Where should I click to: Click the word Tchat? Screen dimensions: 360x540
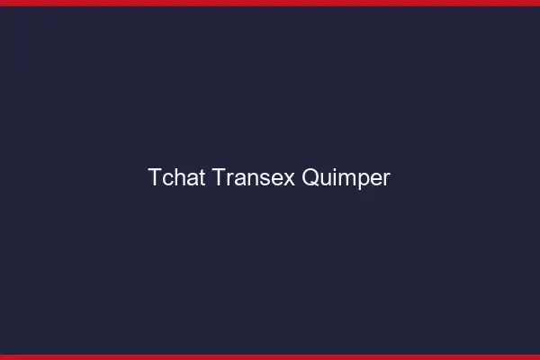(x=177, y=178)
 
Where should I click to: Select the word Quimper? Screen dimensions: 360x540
(x=346, y=178)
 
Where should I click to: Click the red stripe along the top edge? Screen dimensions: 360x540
(x=270, y=3)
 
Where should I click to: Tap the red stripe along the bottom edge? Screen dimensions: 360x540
(x=270, y=356)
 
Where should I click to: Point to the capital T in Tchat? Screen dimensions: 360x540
(x=155, y=178)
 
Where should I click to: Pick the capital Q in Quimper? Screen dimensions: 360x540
(x=310, y=178)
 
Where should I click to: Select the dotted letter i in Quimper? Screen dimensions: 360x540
(x=333, y=178)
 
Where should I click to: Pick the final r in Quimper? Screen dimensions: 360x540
(x=386, y=179)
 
